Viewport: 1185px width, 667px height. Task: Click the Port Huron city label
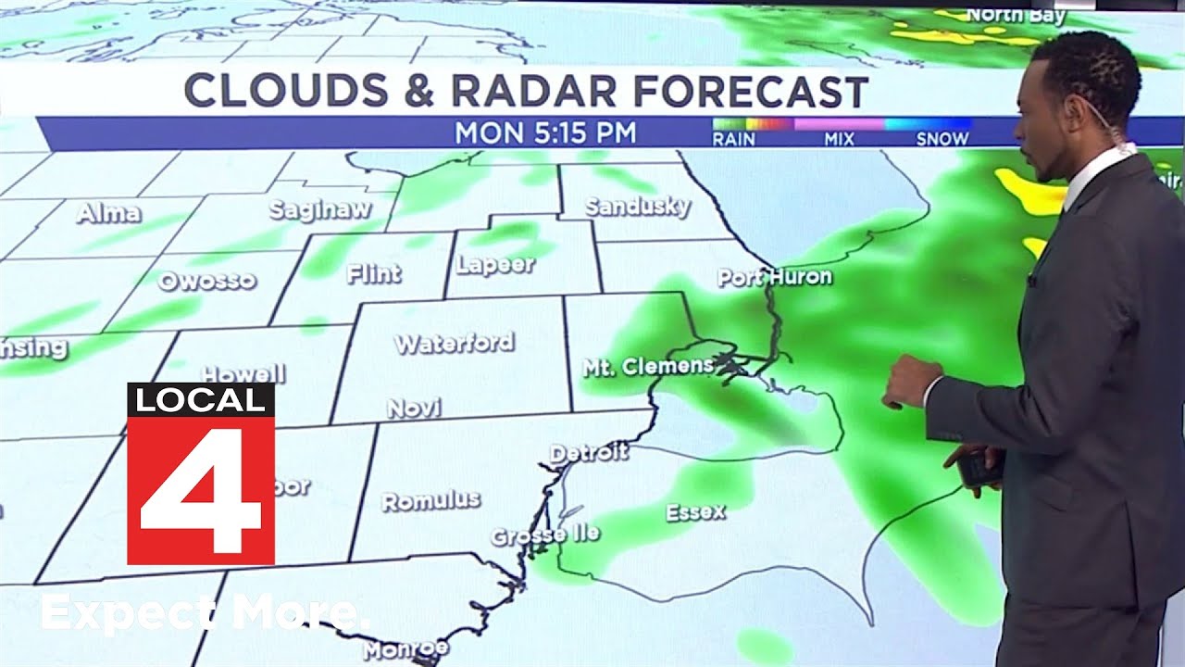pyautogui.click(x=775, y=277)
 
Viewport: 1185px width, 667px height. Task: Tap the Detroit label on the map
pyautogui.click(x=589, y=453)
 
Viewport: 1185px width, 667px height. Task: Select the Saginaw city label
pyautogui.click(x=320, y=210)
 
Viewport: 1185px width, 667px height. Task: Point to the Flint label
pyautogui.click(x=374, y=273)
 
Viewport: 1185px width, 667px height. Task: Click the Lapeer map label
pyautogui.click(x=496, y=265)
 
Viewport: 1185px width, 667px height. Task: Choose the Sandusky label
pyautogui.click(x=638, y=207)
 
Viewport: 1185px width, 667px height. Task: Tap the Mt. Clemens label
pyautogui.click(x=648, y=367)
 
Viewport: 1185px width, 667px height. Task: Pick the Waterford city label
pyautogui.click(x=455, y=344)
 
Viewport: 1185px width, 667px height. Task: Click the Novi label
pyautogui.click(x=414, y=408)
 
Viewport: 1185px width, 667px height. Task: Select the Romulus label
pyautogui.click(x=431, y=501)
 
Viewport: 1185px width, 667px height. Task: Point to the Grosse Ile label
pyautogui.click(x=544, y=535)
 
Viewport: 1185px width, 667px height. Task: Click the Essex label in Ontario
pyautogui.click(x=695, y=511)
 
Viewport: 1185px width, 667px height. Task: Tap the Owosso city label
pyautogui.click(x=206, y=281)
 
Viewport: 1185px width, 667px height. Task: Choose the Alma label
pyautogui.click(x=109, y=214)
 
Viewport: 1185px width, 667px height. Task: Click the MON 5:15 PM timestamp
pyautogui.click(x=545, y=133)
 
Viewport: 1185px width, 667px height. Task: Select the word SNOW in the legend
pyautogui.click(x=942, y=139)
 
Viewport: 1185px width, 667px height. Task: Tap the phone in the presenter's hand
pyautogui.click(x=979, y=468)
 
